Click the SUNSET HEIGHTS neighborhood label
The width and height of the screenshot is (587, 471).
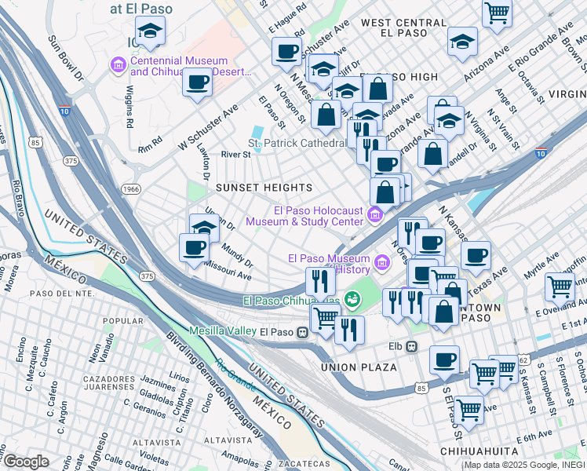coord(264,188)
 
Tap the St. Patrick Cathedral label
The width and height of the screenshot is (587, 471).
coord(297,144)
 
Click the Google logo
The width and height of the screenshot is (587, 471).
coord(26,462)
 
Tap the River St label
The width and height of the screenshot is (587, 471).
coord(235,155)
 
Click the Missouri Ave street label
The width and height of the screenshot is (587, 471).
coord(228,276)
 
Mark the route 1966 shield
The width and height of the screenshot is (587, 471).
coord(130,189)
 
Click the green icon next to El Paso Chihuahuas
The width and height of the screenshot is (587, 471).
coord(353,300)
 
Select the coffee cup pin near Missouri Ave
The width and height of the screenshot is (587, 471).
coord(194,248)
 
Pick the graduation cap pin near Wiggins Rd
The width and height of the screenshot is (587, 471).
coord(149,33)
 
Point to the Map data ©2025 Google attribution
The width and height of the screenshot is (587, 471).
coord(523,465)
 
